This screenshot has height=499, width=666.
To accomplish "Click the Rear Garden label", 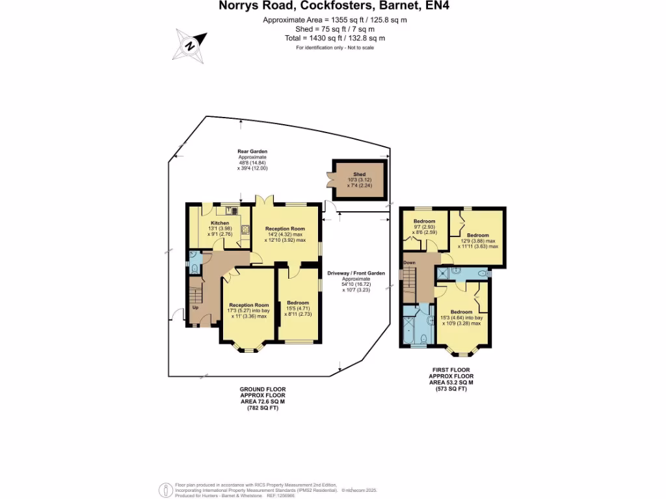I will [x=252, y=151].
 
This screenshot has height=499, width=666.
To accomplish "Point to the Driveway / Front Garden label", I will [x=356, y=274].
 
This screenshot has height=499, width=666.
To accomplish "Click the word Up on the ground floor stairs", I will [x=194, y=307].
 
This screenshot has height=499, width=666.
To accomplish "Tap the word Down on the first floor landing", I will [x=409, y=262].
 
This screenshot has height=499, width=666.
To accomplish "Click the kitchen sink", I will [x=230, y=210].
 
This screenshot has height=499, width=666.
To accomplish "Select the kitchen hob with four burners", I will [x=245, y=229].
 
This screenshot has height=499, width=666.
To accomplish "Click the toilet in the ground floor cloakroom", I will [x=194, y=268].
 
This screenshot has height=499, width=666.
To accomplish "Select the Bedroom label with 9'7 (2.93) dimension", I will [x=425, y=221].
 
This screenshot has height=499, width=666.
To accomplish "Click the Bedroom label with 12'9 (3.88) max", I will [x=478, y=235].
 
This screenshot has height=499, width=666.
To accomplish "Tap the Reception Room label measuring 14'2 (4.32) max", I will [x=285, y=229].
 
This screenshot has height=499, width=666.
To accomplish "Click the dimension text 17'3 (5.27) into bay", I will [x=248, y=311].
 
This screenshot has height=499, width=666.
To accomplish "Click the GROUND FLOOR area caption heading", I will [x=262, y=390].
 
